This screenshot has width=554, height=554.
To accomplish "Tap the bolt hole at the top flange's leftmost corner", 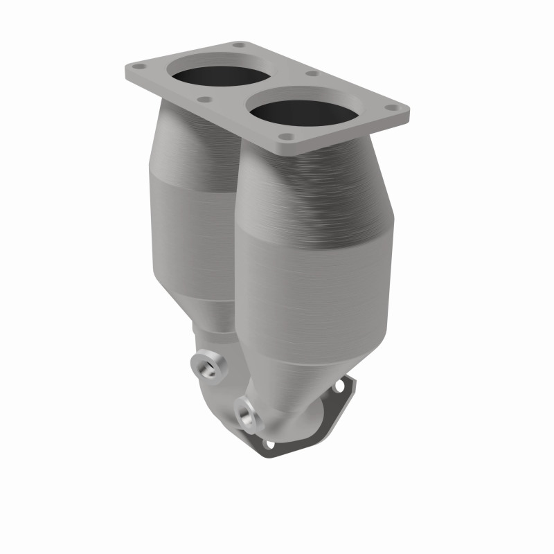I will tap(136, 68).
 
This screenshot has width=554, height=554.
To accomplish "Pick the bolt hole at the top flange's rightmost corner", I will tap(392, 109).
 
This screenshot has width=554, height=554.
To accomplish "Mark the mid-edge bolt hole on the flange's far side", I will tap(312, 73).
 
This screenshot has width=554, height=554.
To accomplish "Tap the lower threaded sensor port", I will tap(245, 414).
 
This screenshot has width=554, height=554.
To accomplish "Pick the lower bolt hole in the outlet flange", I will tap(269, 445).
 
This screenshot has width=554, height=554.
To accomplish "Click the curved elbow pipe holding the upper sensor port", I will tap(222, 388).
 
